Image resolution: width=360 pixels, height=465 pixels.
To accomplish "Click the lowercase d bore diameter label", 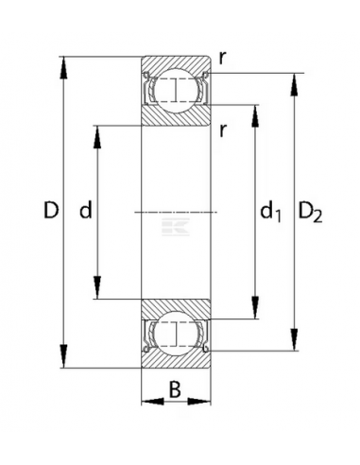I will coord(84,213).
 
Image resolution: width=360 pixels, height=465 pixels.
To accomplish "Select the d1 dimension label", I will coord(271,214).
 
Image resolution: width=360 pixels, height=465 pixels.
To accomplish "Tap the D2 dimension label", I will coord(311,214).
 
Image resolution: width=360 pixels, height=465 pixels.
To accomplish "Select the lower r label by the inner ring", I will coord(221,129).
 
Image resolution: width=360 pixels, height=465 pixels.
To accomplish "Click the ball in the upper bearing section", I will coord(175,90).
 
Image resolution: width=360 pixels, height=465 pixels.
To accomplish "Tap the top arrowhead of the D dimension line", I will coord(64,63).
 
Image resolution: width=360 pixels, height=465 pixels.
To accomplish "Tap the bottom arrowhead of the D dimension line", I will coord(64,365).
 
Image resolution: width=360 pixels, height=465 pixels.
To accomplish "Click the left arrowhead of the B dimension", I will coord(146,401).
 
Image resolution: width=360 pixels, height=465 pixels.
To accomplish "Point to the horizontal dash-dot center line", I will coord(175,213).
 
